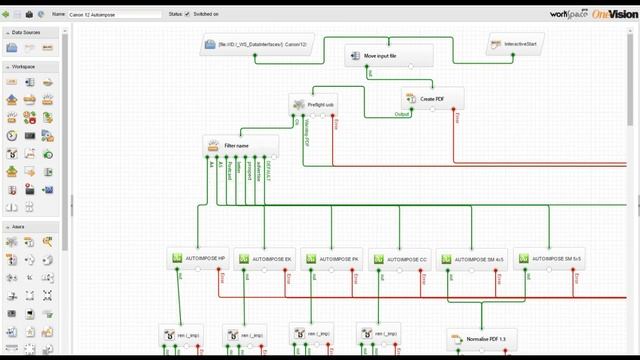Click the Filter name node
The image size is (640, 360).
(x=240, y=146)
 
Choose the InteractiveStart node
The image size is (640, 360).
(x=516, y=45)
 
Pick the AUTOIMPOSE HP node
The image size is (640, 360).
(x=203, y=259)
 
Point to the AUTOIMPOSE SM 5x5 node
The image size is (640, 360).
(x=549, y=259)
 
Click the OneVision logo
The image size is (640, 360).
(x=612, y=13)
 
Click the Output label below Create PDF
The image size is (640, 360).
(x=402, y=113)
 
